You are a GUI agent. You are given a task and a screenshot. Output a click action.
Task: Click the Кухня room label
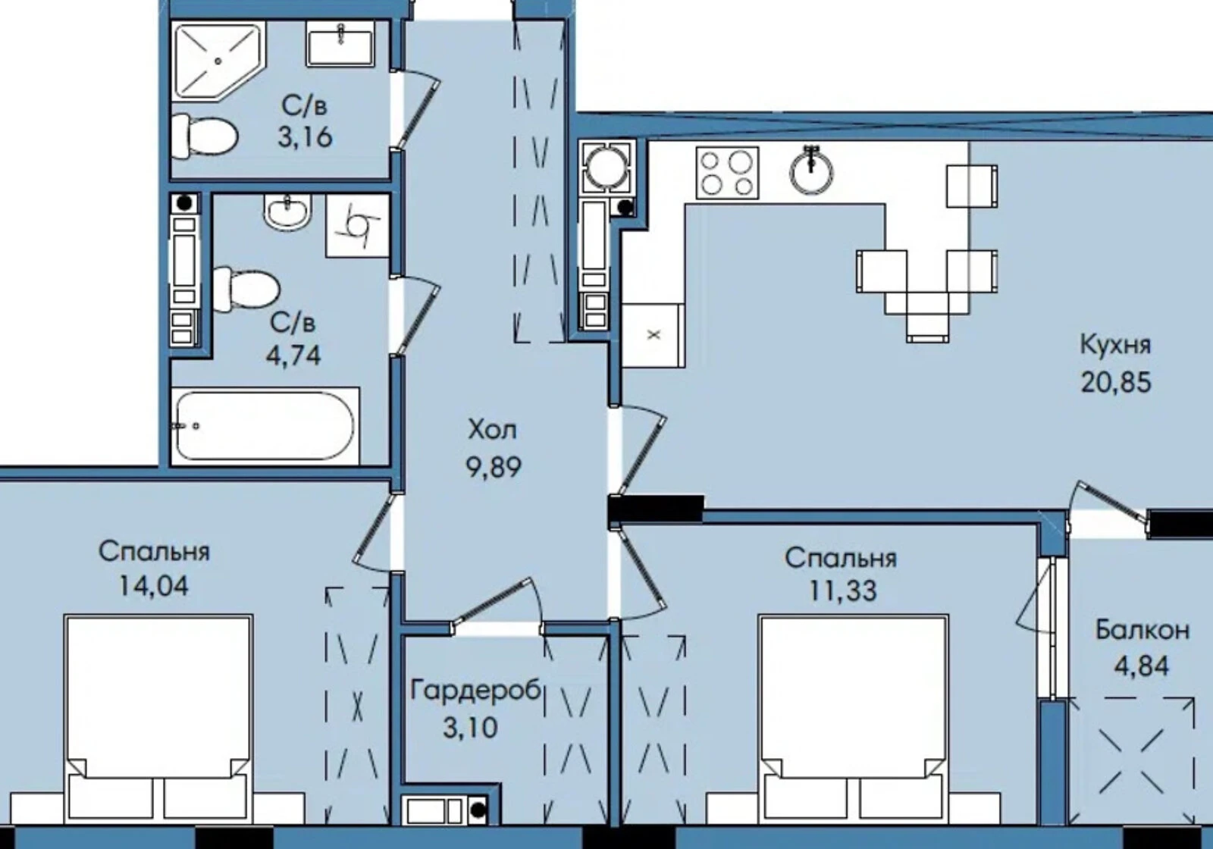1115,345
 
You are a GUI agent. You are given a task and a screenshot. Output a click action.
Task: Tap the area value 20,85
1116,383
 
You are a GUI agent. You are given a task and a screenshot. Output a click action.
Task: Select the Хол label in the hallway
492,430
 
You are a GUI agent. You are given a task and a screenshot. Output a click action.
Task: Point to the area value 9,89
494,467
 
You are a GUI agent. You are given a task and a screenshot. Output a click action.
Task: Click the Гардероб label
476,691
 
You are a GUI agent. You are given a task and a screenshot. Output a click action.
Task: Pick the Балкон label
1142,630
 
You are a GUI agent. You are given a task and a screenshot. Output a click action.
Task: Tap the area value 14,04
154,586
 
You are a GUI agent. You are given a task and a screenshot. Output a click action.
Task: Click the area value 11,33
842,591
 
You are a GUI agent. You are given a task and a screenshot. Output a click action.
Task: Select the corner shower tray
218,61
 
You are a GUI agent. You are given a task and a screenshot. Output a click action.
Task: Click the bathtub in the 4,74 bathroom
265,426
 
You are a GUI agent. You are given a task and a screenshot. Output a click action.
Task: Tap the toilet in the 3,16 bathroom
204,136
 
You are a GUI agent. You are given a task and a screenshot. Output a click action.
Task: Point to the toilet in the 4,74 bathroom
246,290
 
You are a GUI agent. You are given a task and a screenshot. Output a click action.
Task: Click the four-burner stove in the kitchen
727,173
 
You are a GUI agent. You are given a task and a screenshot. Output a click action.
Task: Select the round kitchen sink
810,171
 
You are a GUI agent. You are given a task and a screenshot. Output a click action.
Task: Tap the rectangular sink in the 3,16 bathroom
340,45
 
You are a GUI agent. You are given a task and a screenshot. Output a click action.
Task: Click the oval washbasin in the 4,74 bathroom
287,211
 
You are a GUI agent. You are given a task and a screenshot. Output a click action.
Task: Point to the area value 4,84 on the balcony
1142,666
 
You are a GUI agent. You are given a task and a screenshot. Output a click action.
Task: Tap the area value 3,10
470,728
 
